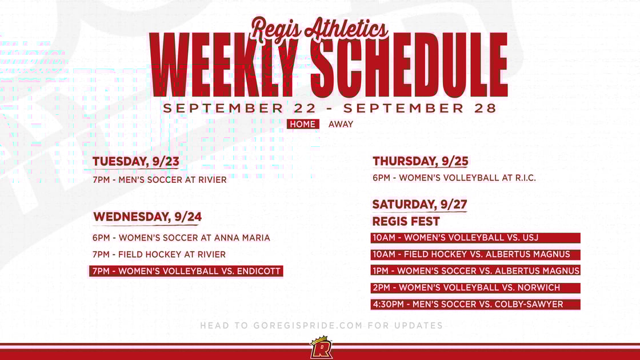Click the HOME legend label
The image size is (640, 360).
tap(303, 124)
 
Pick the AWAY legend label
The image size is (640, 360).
tap(341, 124)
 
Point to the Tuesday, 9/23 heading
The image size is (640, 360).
tap(136, 162)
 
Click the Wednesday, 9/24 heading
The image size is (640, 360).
tap(147, 217)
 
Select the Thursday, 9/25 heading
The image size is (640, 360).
tap(420, 161)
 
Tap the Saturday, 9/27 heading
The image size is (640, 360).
tap(419, 204)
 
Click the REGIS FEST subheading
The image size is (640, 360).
tap(406, 221)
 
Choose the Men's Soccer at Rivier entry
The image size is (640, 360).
tap(159, 180)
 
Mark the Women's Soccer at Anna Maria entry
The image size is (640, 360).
tap(181, 238)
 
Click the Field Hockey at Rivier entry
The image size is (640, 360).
tap(159, 254)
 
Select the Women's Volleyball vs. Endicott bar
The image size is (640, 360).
tap(186, 271)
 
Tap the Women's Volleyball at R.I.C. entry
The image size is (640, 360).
tap(454, 178)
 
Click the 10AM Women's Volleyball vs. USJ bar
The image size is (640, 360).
tap(476, 238)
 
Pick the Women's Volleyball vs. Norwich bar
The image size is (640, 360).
tap(476, 287)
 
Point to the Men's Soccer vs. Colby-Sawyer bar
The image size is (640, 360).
tap(476, 304)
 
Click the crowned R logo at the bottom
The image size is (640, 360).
tap(321, 348)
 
